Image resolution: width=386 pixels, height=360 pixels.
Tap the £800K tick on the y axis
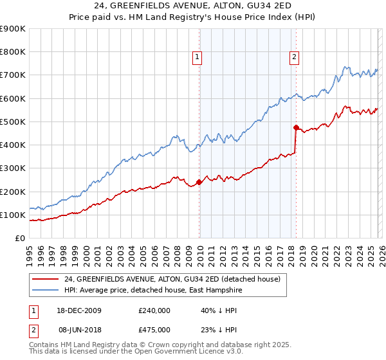[13, 52]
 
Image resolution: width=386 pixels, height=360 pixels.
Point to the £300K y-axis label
[13, 168]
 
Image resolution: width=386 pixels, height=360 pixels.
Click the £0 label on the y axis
[20, 239]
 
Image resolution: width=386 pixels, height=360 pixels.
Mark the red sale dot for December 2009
[199, 183]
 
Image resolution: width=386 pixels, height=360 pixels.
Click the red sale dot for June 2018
[295, 127]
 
